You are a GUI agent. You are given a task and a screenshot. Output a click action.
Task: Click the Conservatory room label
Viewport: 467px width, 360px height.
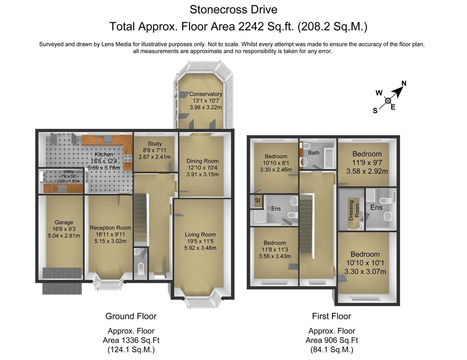point(206,94)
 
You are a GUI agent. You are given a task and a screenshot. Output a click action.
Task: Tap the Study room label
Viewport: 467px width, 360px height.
point(155,144)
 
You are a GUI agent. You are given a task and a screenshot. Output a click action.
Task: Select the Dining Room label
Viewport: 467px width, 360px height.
point(202,161)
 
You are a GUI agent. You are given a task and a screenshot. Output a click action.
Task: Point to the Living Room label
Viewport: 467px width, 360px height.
point(200,235)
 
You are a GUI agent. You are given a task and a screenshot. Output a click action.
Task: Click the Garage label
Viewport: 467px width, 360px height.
point(64,222)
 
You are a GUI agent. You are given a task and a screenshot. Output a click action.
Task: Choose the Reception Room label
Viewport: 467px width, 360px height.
point(110,228)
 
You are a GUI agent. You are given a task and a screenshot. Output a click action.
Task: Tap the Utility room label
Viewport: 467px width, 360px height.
point(68,172)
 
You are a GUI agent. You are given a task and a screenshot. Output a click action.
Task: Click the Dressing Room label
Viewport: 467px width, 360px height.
point(354,210)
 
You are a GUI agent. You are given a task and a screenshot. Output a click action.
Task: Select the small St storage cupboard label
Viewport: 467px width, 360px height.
point(257,200)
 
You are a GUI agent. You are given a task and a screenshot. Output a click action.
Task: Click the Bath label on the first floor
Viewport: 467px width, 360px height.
point(313,153)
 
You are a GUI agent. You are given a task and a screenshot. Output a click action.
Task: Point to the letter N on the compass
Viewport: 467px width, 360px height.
point(404,83)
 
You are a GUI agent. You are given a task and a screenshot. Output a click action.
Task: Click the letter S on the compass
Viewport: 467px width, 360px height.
point(375,111)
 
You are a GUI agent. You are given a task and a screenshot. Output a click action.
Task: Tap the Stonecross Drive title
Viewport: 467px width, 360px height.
point(233,9)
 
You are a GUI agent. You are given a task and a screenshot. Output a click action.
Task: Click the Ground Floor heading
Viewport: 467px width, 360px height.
point(131,316)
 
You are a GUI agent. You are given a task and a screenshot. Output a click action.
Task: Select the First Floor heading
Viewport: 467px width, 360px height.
point(331,316)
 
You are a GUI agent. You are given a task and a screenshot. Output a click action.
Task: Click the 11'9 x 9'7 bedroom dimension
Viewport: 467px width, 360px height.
point(367,163)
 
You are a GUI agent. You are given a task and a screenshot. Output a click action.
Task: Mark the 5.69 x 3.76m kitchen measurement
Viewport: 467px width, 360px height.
point(104,168)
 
